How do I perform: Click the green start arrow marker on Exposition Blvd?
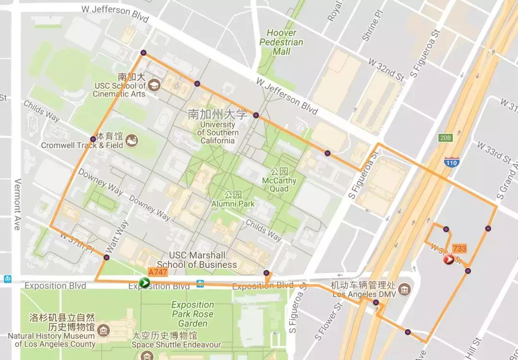coord(144,282)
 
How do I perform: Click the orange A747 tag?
coord(158,272)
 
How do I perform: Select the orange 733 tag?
coord(459,249)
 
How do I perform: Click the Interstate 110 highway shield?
coord(451,162)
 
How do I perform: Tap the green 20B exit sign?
coord(445,138)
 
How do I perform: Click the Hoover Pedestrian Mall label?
coord(282,42)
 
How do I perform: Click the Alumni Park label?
coord(233,199)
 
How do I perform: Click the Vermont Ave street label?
coord(17,204)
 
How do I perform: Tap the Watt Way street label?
coord(111,237)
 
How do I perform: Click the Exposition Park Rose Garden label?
coord(193,314)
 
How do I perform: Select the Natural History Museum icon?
coord(104,330)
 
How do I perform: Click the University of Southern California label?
coord(218,132)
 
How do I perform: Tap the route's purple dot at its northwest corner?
coord(143,53)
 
